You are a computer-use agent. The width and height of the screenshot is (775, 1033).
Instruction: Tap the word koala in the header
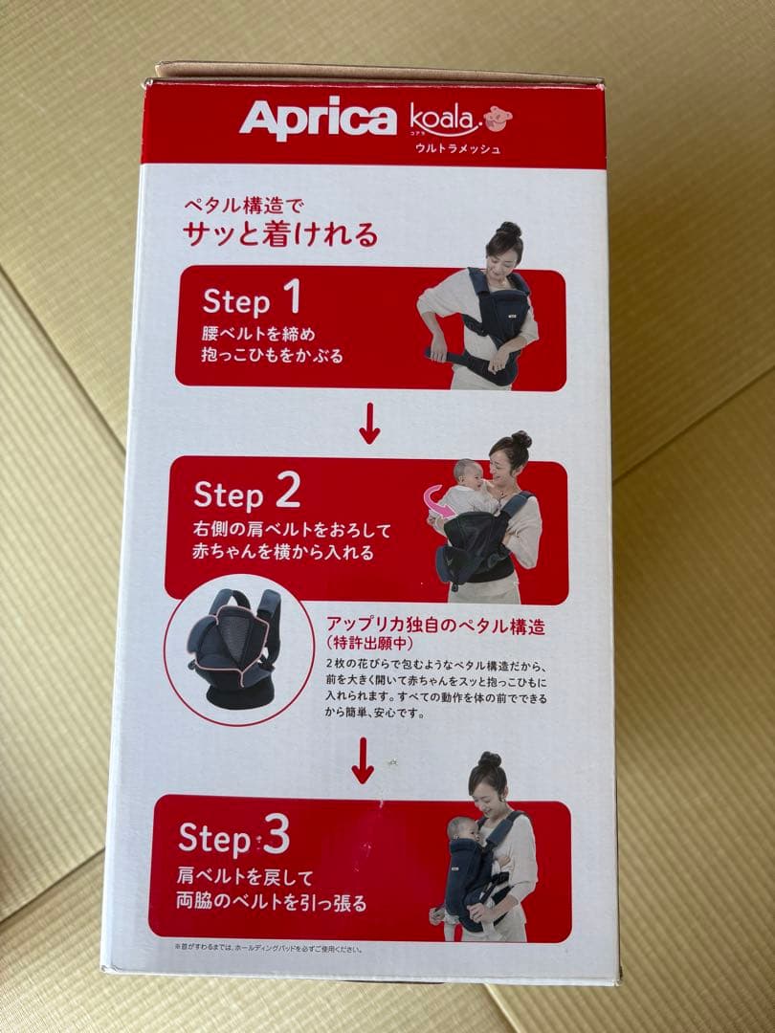pos(442,118)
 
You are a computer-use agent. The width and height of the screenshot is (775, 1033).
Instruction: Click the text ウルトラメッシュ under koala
pos(457,149)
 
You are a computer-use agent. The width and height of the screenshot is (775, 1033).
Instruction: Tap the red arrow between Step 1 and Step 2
pos(369,423)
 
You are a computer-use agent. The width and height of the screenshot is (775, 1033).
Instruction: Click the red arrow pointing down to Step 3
pos(362,761)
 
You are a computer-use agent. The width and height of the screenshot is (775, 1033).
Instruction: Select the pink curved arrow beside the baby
pos(436,502)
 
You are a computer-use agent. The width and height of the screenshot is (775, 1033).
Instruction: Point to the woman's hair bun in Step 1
pos(509,230)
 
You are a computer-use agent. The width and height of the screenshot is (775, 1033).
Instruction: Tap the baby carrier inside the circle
pos(236,648)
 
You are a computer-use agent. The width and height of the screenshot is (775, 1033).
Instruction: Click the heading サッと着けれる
pos(280,234)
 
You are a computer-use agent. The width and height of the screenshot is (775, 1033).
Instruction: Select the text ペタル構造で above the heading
pos(243,206)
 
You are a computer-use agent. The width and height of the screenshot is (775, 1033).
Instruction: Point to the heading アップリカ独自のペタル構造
pos(435,626)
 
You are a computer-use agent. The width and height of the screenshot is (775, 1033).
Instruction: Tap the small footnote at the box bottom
pos(268,949)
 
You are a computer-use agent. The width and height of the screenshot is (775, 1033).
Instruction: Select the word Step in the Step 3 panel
pos(214,838)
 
